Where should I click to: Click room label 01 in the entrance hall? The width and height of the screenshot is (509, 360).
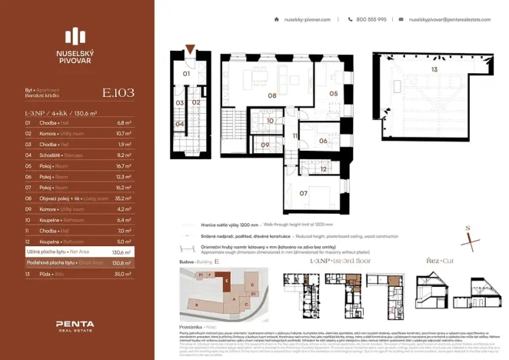[185, 74]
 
